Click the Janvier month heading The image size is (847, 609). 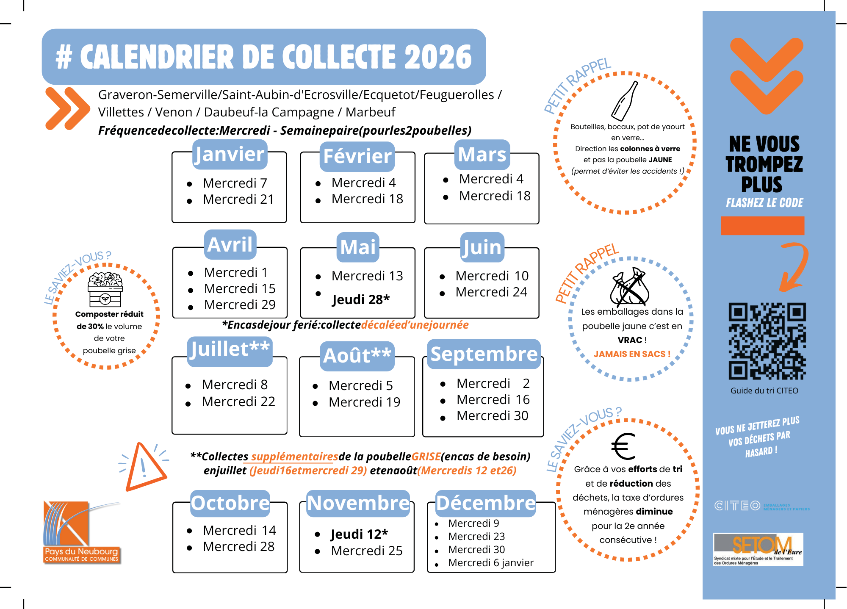pos(230,154)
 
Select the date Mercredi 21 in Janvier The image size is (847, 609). pos(238,199)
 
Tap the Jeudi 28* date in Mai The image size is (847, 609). pos(360,299)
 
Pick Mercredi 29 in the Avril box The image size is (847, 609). pos(239,304)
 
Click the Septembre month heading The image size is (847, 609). pos(484,354)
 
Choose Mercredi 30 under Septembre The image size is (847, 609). pos(492,415)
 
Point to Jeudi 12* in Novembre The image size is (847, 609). pos(359,534)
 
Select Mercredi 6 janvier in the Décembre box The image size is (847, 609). pos(490,562)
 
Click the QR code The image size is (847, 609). pos(767,341)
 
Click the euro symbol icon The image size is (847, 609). pos(623,446)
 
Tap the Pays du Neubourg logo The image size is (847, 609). pos(81,532)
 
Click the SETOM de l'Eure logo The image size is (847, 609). pos(758,549)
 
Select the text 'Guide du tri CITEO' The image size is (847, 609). pos(764,390)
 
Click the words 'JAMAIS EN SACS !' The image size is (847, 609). pos(632,354)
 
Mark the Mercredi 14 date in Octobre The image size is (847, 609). pos(239,530)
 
